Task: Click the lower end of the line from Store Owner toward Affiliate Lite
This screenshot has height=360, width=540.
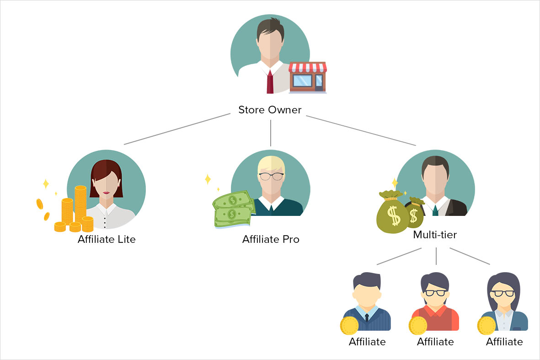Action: pos(124,145)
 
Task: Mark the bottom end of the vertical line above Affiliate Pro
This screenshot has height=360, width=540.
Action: pos(271,146)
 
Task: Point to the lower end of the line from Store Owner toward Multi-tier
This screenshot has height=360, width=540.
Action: pos(416,145)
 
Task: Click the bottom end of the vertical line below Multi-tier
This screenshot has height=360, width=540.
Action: pos(436,264)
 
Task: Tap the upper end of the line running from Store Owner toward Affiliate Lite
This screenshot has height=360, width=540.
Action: pos(230,114)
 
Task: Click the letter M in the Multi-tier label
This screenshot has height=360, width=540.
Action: pos(417,235)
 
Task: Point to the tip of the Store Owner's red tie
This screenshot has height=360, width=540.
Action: pos(270,93)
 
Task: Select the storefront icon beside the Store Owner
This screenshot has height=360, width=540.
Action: pos(308,77)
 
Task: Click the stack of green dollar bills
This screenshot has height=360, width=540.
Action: pos(234,210)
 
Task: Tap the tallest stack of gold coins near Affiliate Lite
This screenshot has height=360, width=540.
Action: pos(80,204)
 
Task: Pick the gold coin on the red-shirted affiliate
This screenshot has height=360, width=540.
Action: pos(418,326)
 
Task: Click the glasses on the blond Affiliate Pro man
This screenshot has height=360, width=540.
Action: pos(271,177)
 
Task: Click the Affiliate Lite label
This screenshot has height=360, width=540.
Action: pos(107,239)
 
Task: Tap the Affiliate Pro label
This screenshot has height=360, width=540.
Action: pos(271,239)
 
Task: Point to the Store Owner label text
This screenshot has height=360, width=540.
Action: pos(270,110)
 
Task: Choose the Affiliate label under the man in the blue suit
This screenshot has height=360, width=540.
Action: pos(367,342)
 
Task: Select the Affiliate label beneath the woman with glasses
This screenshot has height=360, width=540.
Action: pos(504,342)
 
